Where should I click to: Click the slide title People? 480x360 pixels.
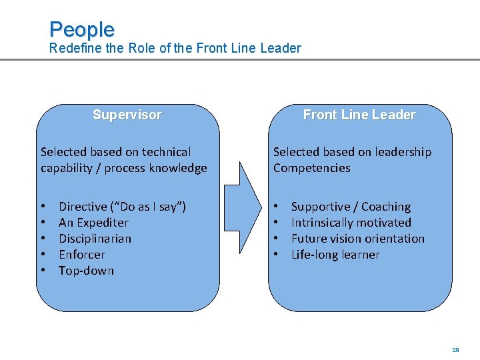pos(82,29)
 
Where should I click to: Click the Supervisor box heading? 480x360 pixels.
pos(127,115)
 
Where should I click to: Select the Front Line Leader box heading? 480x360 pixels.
pos(359,115)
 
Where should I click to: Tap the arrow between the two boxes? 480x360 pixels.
pos(245,200)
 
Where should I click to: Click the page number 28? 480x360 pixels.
pos(456,349)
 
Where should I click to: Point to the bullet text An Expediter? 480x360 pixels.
pos(93,223)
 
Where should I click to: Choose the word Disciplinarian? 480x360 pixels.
pos(95,239)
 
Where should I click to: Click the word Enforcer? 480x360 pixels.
pos(82,255)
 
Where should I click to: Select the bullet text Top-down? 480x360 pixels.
pos(86,271)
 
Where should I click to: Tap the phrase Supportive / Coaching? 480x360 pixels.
pos(351,207)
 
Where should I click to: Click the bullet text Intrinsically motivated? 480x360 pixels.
pos(351,223)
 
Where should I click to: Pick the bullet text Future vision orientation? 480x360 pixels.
pos(357,239)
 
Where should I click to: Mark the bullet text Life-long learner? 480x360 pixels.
pos(335,255)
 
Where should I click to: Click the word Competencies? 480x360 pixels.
pos(311,168)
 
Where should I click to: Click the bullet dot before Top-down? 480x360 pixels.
pos(43,271)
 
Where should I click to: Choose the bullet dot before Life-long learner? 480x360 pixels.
pos(276,255)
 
